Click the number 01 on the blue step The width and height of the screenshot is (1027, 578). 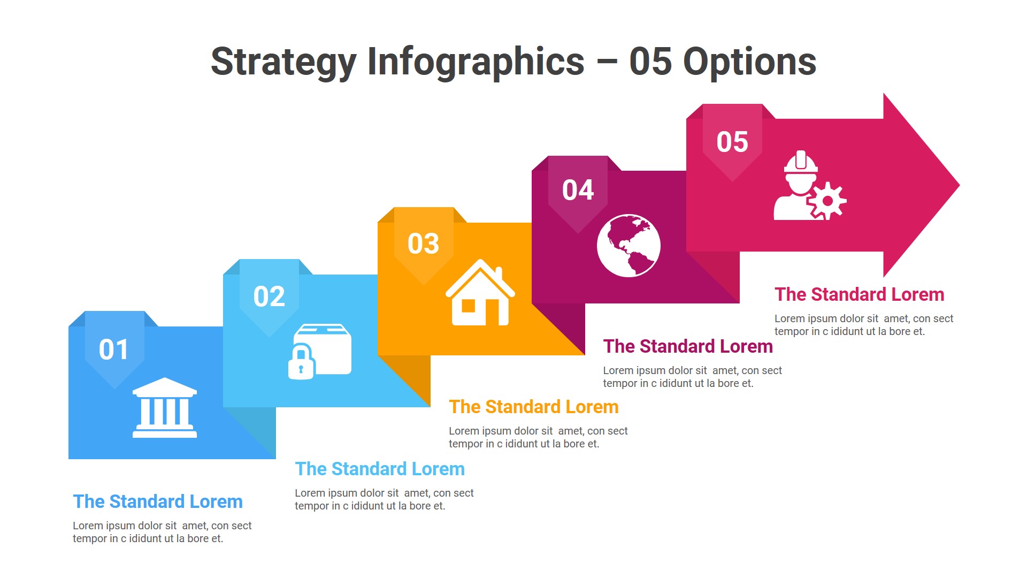[113, 349]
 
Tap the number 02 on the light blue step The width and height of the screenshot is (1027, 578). [269, 296]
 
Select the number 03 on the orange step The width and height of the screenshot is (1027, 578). [423, 244]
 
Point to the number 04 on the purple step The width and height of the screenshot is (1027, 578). [578, 191]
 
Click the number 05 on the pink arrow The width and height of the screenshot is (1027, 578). [732, 142]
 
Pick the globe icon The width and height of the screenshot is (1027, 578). [629, 246]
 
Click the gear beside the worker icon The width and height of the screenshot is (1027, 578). [827, 201]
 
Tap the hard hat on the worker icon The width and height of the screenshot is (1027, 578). [801, 162]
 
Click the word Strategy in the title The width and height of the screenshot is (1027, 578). [283, 62]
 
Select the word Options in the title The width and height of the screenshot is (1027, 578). [749, 62]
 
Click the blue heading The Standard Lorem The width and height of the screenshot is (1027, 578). [158, 501]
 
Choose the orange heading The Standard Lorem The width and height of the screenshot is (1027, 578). [533, 407]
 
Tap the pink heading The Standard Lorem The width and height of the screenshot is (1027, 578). [859, 294]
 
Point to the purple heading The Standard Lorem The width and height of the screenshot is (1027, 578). [688, 346]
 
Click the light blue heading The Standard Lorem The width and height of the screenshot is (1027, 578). [380, 469]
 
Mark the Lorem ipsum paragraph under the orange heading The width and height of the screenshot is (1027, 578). [538, 437]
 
